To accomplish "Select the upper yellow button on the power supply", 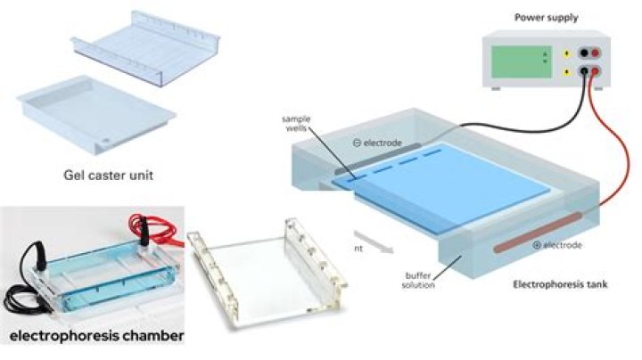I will click(565, 52).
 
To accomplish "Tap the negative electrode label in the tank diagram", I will click(375, 143).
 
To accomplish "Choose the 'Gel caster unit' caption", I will click(103, 176).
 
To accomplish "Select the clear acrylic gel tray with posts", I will click(267, 267).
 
